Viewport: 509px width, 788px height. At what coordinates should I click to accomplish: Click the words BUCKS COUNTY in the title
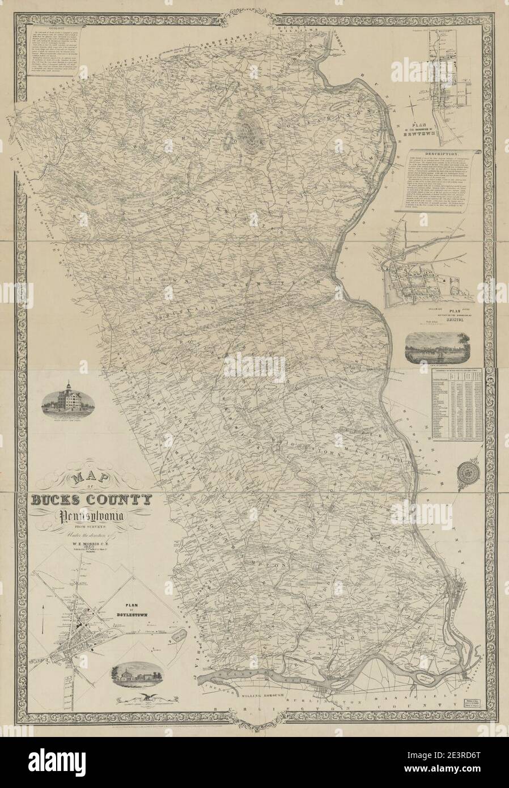[x=92, y=501]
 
